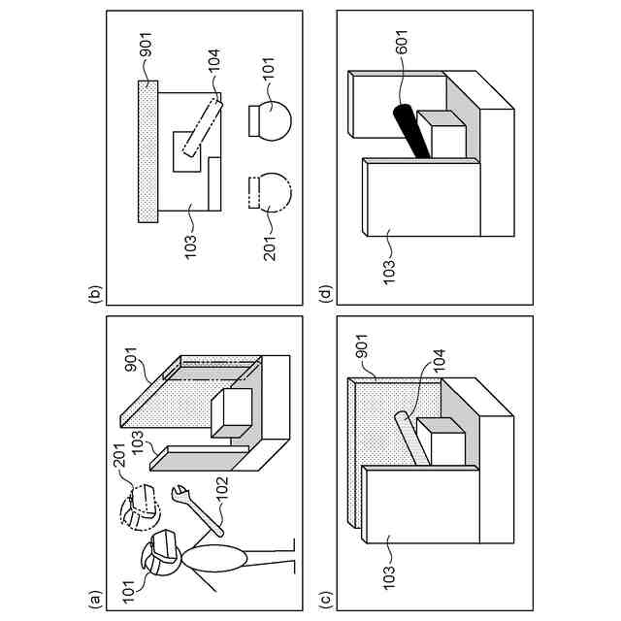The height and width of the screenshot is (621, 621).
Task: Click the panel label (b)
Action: click(x=95, y=294)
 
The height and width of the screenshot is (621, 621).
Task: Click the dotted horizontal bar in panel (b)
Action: click(x=147, y=151)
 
